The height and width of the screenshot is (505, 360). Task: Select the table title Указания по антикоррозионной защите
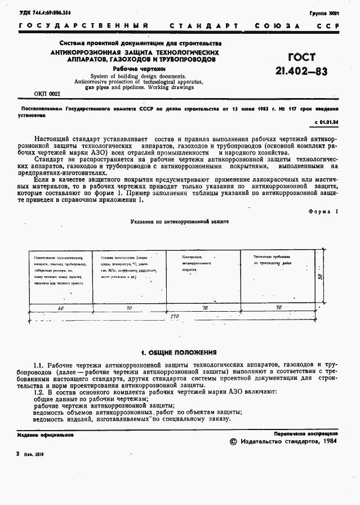tap(180, 223)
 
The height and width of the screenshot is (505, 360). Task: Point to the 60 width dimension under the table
tap(60, 308)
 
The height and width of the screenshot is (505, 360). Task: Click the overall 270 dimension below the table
tap(175, 317)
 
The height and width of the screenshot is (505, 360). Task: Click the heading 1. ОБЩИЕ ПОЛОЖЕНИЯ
tap(179, 352)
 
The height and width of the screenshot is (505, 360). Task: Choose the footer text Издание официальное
tap(46, 435)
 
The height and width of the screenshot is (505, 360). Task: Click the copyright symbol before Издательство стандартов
tap(234, 441)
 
